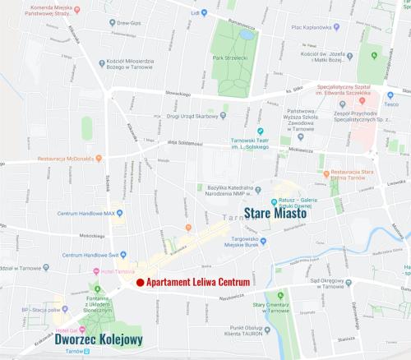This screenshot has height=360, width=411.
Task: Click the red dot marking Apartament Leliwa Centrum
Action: point(140,283)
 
